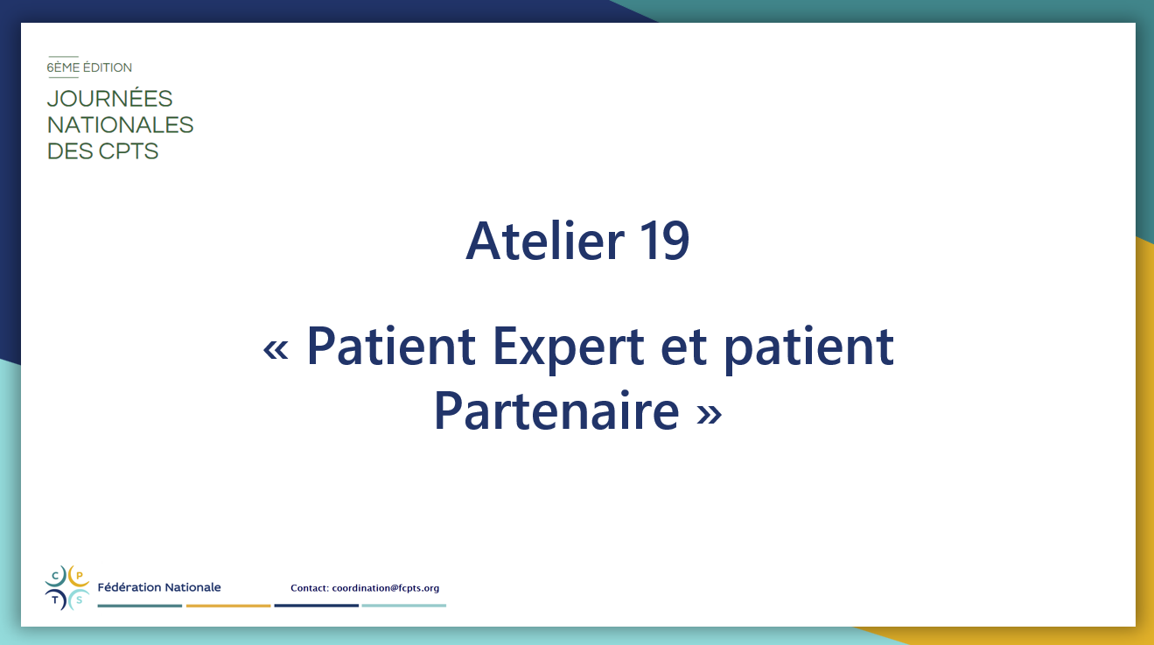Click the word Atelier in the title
[x=545, y=241]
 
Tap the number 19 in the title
[x=664, y=241]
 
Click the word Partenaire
[x=556, y=410]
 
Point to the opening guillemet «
[x=276, y=350]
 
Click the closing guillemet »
[x=709, y=414]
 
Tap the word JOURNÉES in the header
[x=109, y=98]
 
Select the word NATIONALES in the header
[x=120, y=124]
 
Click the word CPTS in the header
[x=128, y=151]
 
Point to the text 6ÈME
[x=63, y=67]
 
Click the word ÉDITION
[x=107, y=67]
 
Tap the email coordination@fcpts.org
[x=385, y=588]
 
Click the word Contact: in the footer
[x=310, y=588]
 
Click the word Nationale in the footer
[x=192, y=587]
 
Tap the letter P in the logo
[x=79, y=576]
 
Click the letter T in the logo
[x=55, y=599]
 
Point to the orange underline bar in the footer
[x=228, y=606]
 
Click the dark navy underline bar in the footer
[x=317, y=606]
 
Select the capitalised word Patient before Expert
[x=391, y=347]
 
